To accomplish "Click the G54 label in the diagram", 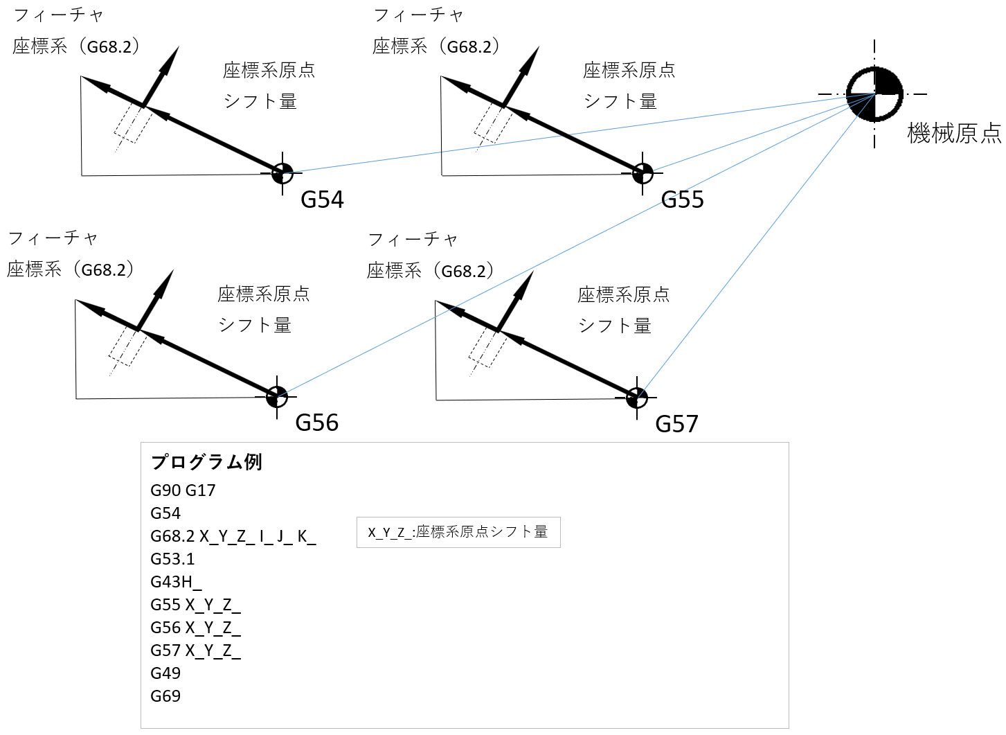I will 322,200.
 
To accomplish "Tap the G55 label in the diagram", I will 682,200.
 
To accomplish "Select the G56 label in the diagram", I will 316,423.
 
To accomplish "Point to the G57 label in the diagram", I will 676,424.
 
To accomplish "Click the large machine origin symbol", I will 874,94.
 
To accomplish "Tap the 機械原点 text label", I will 954,133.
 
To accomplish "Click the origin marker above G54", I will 282,172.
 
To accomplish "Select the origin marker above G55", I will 643,172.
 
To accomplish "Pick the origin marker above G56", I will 277,397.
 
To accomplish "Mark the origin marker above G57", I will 637,398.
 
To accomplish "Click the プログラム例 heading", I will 206,462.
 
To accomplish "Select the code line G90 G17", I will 183,490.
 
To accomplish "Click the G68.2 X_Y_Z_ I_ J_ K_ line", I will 233,536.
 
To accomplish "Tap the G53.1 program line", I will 172,559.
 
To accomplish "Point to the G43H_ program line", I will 176,582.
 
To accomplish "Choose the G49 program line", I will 165,673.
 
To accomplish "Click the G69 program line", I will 165,696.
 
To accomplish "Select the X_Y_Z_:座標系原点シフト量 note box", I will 458,532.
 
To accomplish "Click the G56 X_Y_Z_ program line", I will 195,628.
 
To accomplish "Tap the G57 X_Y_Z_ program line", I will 195,650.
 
